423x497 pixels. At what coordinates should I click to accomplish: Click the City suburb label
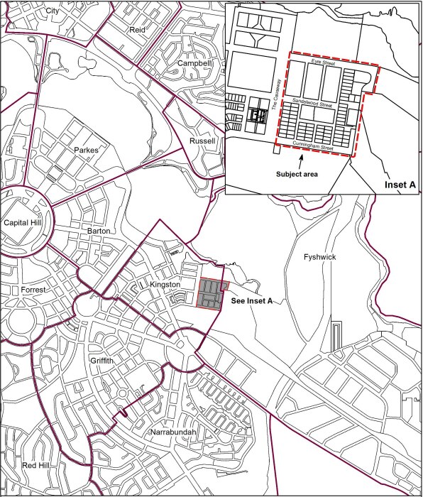pos(52,11)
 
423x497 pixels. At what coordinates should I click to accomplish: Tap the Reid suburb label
pos(138,30)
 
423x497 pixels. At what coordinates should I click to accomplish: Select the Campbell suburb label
pos(194,63)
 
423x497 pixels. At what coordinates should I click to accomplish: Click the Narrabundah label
pos(172,432)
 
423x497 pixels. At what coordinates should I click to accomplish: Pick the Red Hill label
pos(36,465)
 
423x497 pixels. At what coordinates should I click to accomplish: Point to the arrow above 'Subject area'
pos(300,159)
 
